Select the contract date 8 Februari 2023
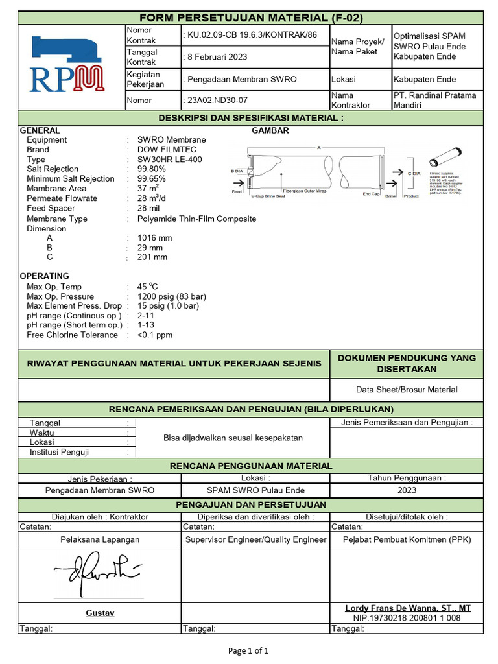(217, 57)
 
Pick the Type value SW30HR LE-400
(165, 160)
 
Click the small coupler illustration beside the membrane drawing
(445, 158)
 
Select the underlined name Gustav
(100, 613)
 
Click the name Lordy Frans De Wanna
(408, 608)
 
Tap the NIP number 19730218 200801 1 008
(407, 618)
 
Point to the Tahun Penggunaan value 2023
(407, 490)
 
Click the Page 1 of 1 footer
(249, 650)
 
